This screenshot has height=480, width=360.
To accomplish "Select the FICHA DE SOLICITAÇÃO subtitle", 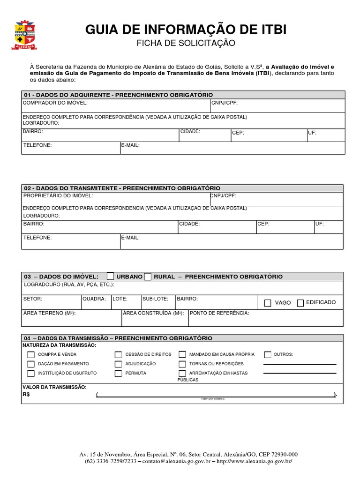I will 186,44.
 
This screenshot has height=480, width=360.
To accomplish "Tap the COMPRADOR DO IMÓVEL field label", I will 55,103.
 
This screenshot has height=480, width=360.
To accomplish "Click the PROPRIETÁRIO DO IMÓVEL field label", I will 58,195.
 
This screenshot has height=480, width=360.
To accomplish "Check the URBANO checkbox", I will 110,276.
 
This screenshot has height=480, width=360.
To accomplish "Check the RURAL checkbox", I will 148,276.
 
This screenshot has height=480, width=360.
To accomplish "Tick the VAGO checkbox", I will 268,303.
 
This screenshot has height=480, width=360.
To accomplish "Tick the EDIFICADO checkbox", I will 300,303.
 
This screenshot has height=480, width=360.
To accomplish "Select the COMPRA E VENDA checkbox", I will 31,355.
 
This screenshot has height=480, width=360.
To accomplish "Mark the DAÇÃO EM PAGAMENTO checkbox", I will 31,364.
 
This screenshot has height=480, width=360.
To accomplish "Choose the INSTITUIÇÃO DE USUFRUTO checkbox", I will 31,374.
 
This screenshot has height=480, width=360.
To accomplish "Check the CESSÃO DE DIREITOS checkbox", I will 118,355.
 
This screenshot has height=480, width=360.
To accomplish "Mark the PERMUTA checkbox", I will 118,374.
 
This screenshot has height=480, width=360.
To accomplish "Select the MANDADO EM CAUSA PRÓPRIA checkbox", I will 182,355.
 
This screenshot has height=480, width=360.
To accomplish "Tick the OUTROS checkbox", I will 268,355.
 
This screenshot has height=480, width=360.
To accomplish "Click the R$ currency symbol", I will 26,394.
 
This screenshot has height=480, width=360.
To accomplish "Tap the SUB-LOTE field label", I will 152,299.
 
